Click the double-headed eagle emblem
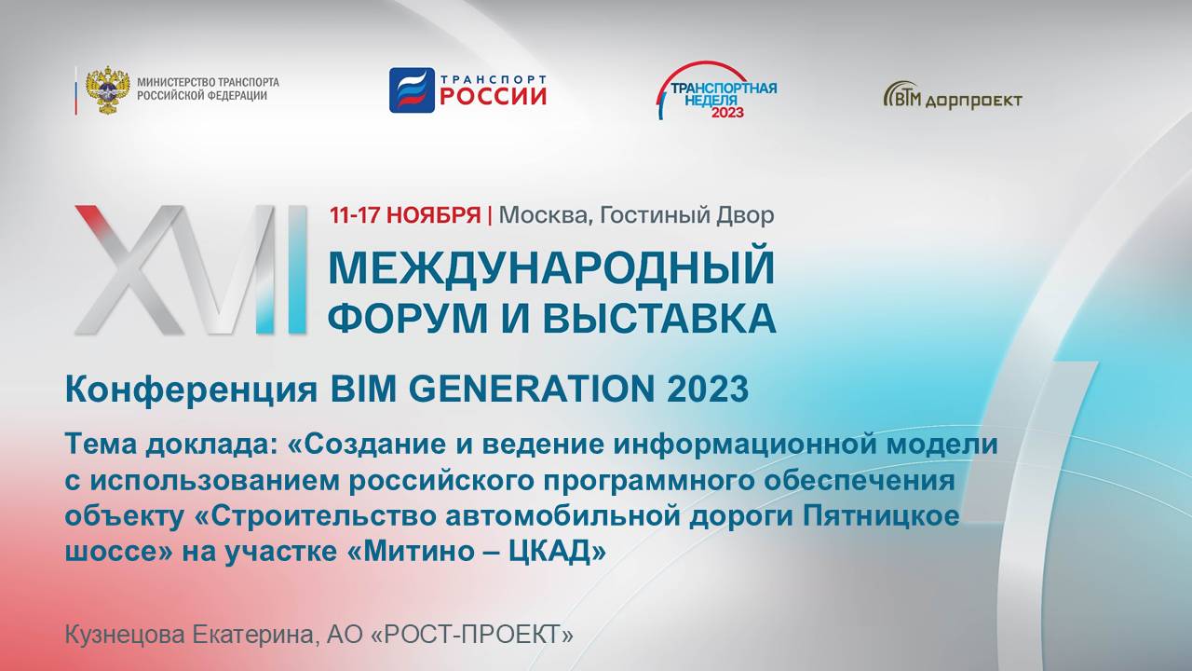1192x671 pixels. tap(108, 89)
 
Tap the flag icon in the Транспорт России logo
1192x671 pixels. tap(412, 90)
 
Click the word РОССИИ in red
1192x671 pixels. tap(493, 96)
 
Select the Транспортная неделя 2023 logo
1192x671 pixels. tap(716, 90)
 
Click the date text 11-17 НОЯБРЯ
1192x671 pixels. tap(405, 215)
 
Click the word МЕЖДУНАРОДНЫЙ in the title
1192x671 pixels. tap(551, 268)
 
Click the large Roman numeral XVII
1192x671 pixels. tap(191, 270)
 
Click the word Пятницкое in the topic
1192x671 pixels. tap(878, 515)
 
